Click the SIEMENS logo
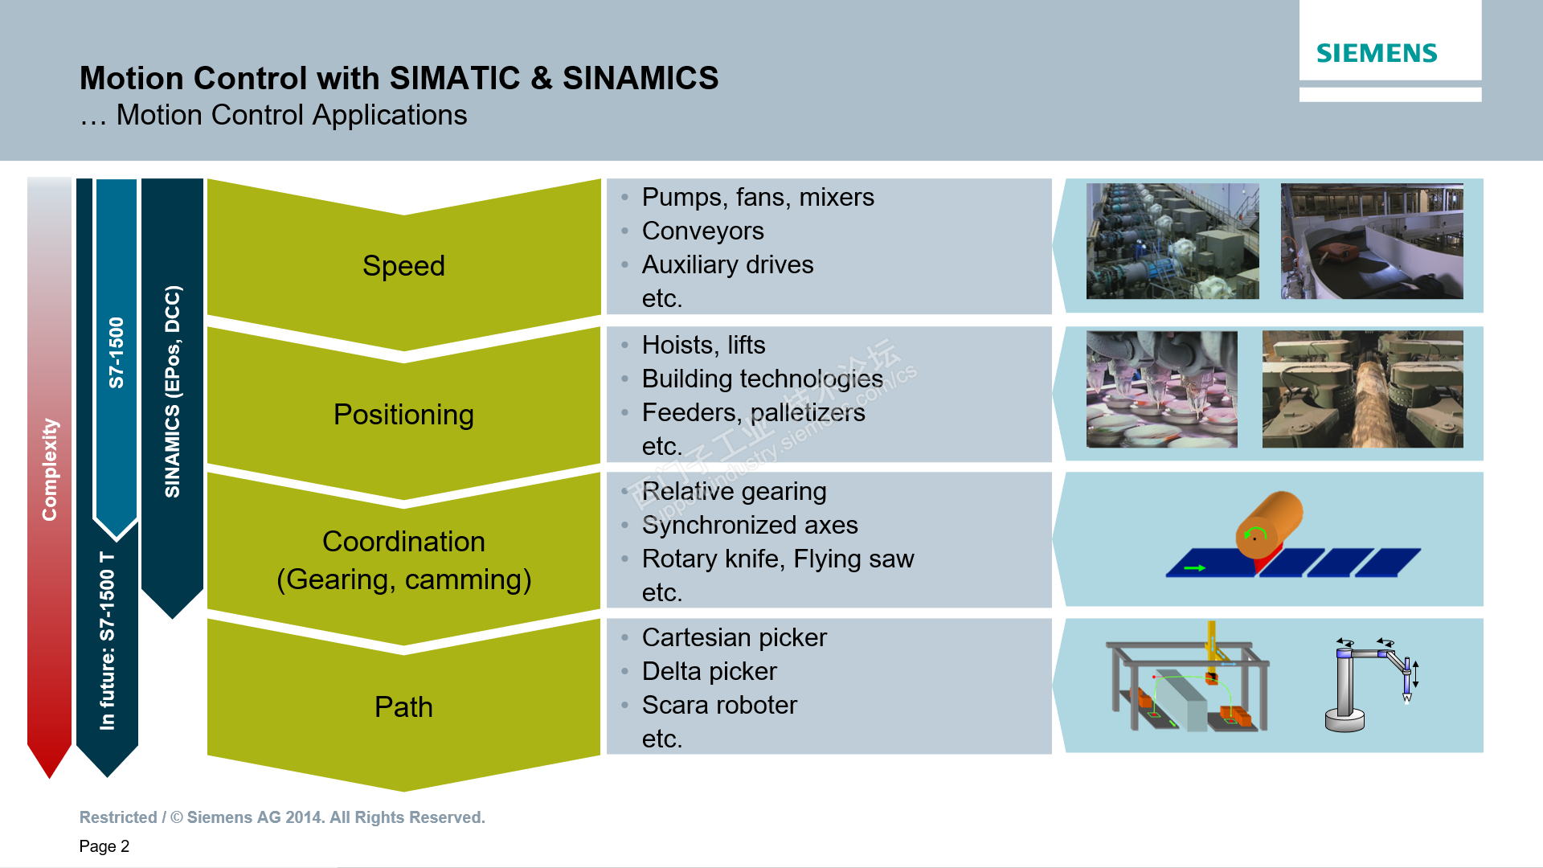pos(1376,53)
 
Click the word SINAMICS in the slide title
pos(640,79)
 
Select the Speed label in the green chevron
pos(403,266)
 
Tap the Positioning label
pos(403,415)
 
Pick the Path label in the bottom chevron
pos(403,707)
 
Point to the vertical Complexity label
pos(50,469)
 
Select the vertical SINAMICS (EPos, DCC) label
pos(173,391)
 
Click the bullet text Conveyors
pos(702,231)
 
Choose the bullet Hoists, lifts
pos(703,346)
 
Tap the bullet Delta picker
pos(709,672)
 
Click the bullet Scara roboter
pos(719,706)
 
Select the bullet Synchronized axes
pos(750,526)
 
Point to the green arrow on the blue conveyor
pos(1195,568)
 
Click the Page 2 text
pos(104,846)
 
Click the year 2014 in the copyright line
pos(305,817)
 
